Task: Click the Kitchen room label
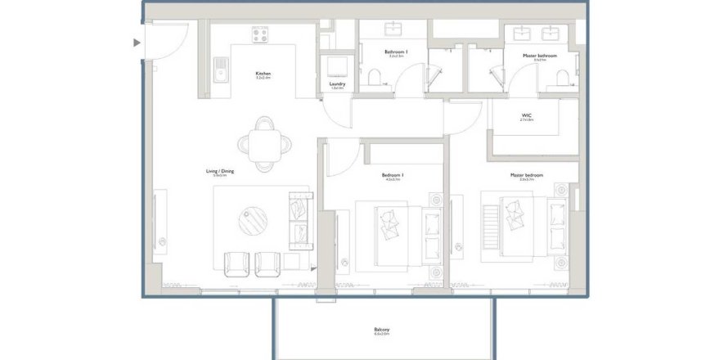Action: pos(263,74)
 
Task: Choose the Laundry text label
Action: pos(337,84)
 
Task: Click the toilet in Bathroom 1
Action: pos(375,78)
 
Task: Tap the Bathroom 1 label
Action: pos(396,52)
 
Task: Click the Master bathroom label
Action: pos(540,56)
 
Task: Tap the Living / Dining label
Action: pos(219,172)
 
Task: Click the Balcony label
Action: pos(381,330)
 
